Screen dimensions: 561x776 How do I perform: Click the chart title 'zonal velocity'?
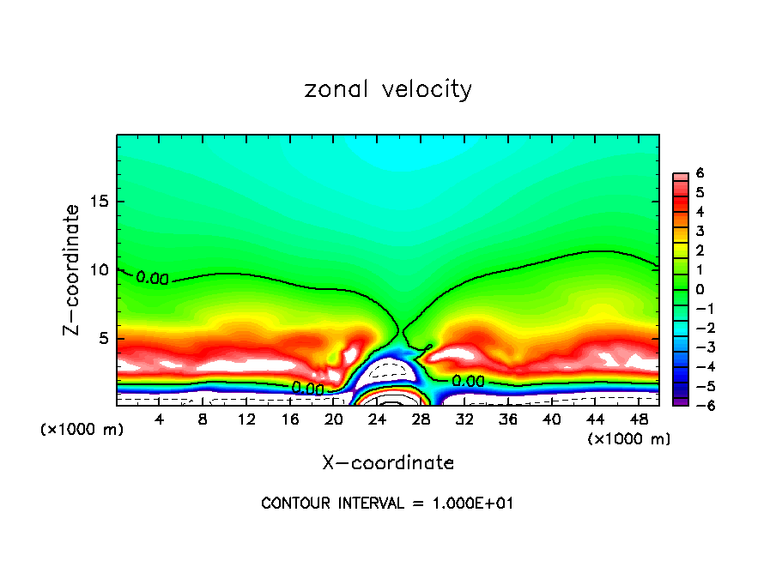388,89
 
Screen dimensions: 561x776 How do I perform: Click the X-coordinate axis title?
388,463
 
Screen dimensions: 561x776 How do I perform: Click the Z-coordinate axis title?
74,268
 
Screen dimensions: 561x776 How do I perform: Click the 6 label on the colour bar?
700,173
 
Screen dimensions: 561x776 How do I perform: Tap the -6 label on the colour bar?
697,405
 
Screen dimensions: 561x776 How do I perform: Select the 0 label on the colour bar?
700,289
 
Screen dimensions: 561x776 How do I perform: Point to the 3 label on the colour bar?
700,231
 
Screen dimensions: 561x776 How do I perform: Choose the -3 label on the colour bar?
697,347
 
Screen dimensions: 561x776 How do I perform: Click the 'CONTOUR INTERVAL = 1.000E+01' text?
387,504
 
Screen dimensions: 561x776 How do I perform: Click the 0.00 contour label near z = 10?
153,278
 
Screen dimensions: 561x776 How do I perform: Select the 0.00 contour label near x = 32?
468,380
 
